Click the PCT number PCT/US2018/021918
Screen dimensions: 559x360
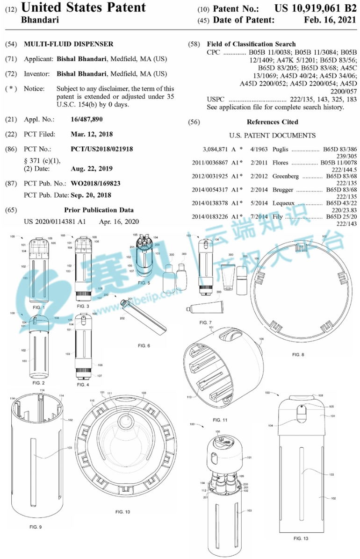click(102, 149)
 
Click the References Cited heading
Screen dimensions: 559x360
click(272, 122)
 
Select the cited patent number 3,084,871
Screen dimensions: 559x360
click(215, 149)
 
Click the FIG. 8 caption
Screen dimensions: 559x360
click(298, 355)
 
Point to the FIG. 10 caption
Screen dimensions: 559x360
click(122, 512)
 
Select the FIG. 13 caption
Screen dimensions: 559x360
click(301, 538)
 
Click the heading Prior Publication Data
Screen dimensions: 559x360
click(99, 210)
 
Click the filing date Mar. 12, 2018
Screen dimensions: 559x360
click(92, 134)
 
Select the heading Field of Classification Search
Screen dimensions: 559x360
click(251, 44)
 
